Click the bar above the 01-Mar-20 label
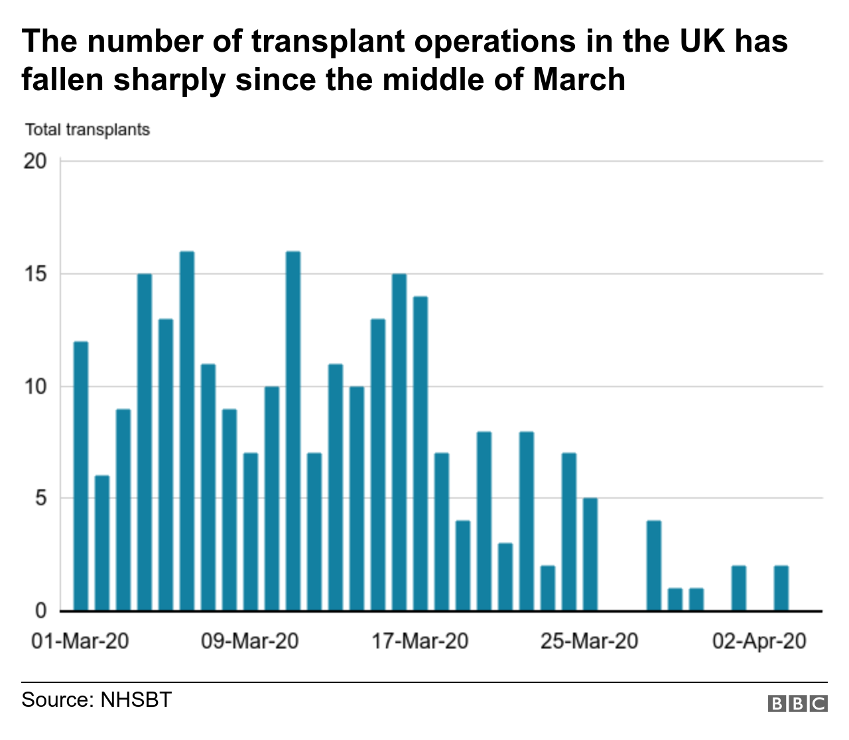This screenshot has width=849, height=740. pos(81,476)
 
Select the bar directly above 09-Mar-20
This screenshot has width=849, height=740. pos(251,532)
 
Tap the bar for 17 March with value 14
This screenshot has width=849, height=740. pos(421,454)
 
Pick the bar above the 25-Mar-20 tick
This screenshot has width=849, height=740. pos(590,554)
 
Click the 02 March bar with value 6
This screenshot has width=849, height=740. pos(102,543)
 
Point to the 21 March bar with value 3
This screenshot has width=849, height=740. pos(505,577)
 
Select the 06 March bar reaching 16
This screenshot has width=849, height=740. pos(187,431)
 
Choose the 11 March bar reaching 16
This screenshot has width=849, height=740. pos(293,431)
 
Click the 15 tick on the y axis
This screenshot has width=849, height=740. pos(36,274)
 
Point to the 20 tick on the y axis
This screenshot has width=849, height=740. pos(36,161)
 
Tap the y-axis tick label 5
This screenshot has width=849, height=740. pos(41,498)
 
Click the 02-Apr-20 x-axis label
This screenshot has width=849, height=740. pos(759,641)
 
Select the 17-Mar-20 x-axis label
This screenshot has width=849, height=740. pos(420,641)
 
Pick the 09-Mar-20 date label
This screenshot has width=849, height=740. pos(250,641)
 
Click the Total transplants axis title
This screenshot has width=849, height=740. pos(88,129)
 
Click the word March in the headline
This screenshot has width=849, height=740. pos(579,80)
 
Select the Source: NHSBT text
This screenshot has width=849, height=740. pos(97,700)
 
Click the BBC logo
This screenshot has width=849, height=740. pos(797,704)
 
